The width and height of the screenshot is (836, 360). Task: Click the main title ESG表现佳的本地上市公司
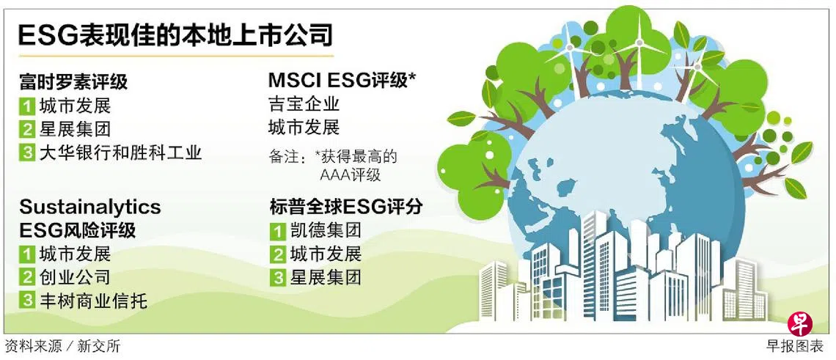coord(175,36)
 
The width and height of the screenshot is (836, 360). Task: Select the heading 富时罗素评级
coord(73,83)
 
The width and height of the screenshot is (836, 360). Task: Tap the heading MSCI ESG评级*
coord(342,81)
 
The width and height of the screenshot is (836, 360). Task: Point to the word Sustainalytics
coord(90,207)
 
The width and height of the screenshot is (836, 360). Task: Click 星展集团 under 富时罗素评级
coord(76,129)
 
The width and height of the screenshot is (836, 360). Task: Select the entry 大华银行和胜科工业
coord(120,153)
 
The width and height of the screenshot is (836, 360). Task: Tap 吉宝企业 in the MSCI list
coord(304,103)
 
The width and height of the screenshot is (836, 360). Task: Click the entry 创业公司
coord(76,277)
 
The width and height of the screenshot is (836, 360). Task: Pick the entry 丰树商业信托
coord(93,301)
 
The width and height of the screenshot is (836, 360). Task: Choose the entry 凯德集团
coord(326,230)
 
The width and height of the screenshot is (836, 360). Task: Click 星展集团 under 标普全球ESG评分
coord(326,277)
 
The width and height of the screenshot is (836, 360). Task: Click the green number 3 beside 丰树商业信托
coord(27,301)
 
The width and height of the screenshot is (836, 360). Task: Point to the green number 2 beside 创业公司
coord(27,277)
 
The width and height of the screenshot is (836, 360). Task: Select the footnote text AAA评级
coord(351,175)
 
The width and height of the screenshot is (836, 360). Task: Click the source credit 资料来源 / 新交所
coord(63,346)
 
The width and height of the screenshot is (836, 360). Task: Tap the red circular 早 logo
coord(800,324)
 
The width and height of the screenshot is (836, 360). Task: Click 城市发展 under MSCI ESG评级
coord(304,128)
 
